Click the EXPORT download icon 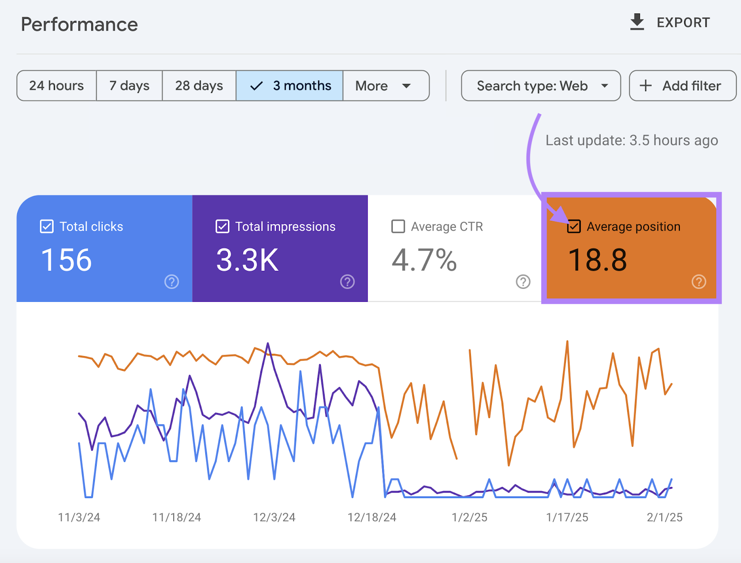click(x=637, y=22)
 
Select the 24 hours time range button click(x=57, y=86)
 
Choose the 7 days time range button click(x=129, y=86)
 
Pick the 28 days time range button click(x=199, y=86)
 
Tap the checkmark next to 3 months click(x=257, y=86)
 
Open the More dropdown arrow click(x=407, y=86)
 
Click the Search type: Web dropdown click(x=541, y=86)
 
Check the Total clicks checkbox click(x=47, y=226)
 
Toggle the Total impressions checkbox click(x=222, y=226)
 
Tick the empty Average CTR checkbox click(x=398, y=226)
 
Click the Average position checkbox click(x=574, y=226)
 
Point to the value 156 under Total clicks click(x=66, y=260)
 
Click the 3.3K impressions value click(x=247, y=260)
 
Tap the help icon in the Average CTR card click(x=523, y=281)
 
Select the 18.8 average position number click(x=597, y=260)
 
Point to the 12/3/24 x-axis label click(x=274, y=517)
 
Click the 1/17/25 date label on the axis click(x=567, y=517)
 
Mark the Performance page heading click(x=79, y=25)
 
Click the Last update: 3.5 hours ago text click(x=632, y=140)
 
